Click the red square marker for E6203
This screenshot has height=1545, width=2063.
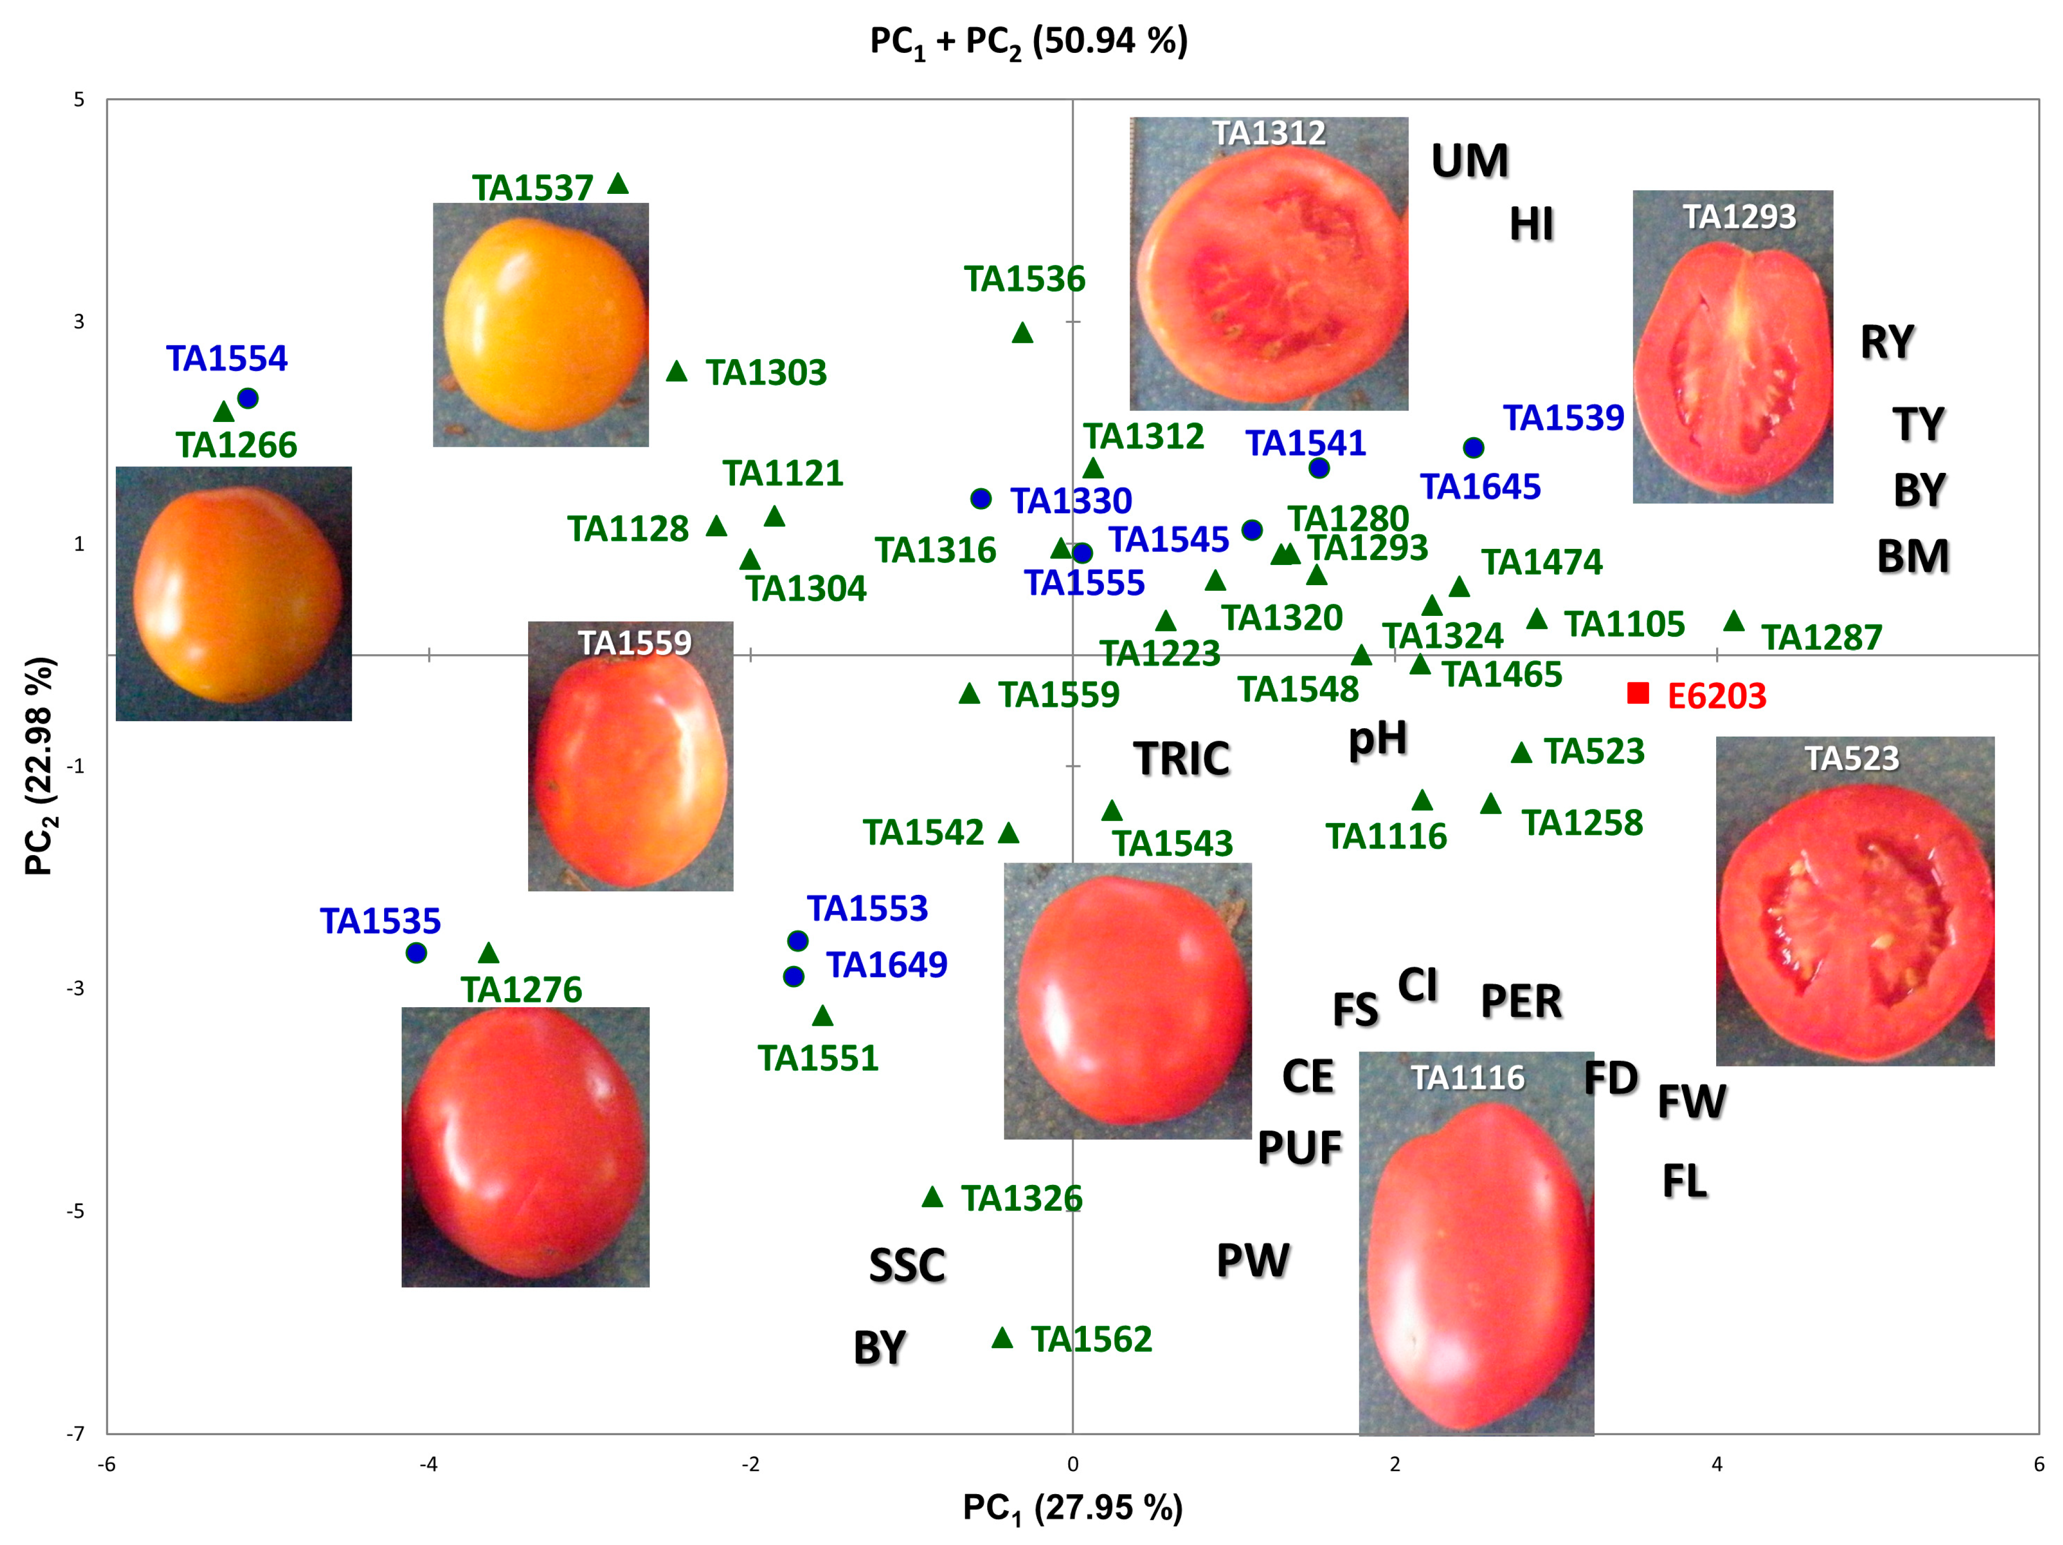tap(1638, 693)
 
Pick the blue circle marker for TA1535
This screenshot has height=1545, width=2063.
tap(417, 953)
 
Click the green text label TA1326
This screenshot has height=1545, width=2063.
tap(1021, 1198)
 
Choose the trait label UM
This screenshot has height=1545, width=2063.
tap(1470, 162)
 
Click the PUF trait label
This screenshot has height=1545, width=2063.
tap(1299, 1148)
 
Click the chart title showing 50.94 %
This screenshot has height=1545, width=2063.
tap(1028, 42)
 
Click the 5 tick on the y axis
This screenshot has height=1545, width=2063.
tap(79, 100)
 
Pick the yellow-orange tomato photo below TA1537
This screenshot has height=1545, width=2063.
tap(541, 325)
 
